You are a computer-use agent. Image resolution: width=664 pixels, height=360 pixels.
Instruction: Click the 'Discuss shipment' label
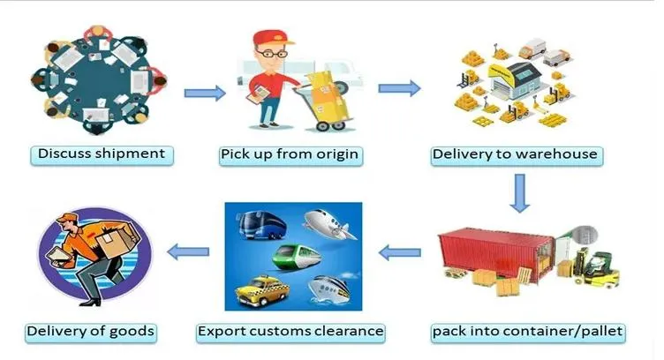tap(102, 154)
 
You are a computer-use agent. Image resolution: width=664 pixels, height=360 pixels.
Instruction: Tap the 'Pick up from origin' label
tap(290, 155)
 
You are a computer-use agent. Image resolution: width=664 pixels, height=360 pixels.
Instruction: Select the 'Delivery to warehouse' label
tap(515, 155)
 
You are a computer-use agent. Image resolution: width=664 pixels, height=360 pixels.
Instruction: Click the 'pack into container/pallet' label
tap(528, 333)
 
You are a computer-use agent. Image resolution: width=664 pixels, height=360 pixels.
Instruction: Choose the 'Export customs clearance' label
tap(290, 333)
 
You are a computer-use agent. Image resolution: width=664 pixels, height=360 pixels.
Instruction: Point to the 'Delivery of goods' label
tap(91, 333)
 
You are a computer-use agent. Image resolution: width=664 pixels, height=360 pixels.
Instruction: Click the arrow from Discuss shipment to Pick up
tap(204, 92)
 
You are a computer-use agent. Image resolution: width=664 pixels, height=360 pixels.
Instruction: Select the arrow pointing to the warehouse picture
tap(399, 88)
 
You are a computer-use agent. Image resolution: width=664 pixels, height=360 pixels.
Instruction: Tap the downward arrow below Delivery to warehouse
tap(520, 192)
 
